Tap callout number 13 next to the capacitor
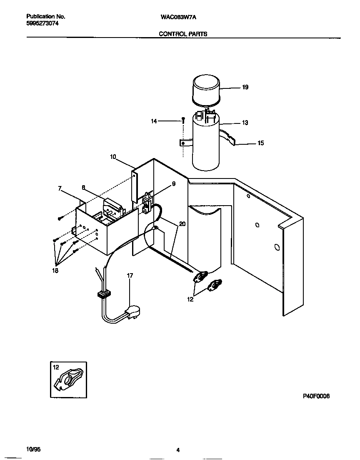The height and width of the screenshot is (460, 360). (245, 123)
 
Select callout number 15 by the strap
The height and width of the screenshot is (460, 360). (260, 143)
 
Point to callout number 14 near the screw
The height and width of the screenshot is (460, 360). (154, 121)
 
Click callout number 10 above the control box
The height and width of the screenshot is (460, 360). (113, 157)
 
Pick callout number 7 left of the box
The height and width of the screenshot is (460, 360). (60, 189)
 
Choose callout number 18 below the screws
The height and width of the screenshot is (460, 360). (55, 271)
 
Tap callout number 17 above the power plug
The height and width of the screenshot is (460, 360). (130, 275)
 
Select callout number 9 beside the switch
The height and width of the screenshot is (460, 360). (173, 183)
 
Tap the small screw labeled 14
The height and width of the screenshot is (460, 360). (183, 119)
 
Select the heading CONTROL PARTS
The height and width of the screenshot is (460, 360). (183, 34)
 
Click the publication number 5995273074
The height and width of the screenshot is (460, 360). (42, 24)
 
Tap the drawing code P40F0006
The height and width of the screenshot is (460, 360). (316, 397)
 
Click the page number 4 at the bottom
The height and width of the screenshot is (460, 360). (178, 450)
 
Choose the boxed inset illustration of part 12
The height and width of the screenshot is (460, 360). (68, 380)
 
